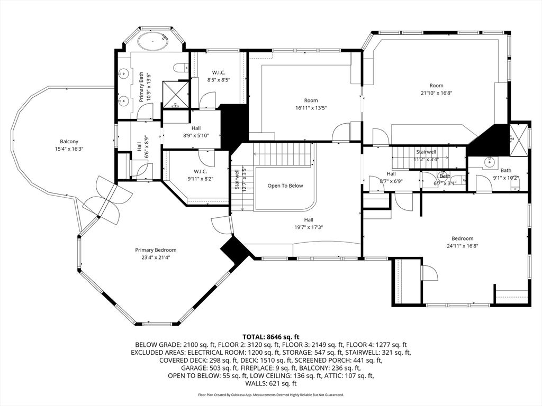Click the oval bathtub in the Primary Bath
tap(152, 40)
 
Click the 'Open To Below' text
tap(285, 186)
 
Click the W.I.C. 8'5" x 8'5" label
tap(219, 76)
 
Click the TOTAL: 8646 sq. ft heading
tap(271, 337)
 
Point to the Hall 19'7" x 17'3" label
tap(308, 224)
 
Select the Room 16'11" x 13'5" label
tap(311, 104)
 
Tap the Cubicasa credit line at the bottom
tap(271, 395)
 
